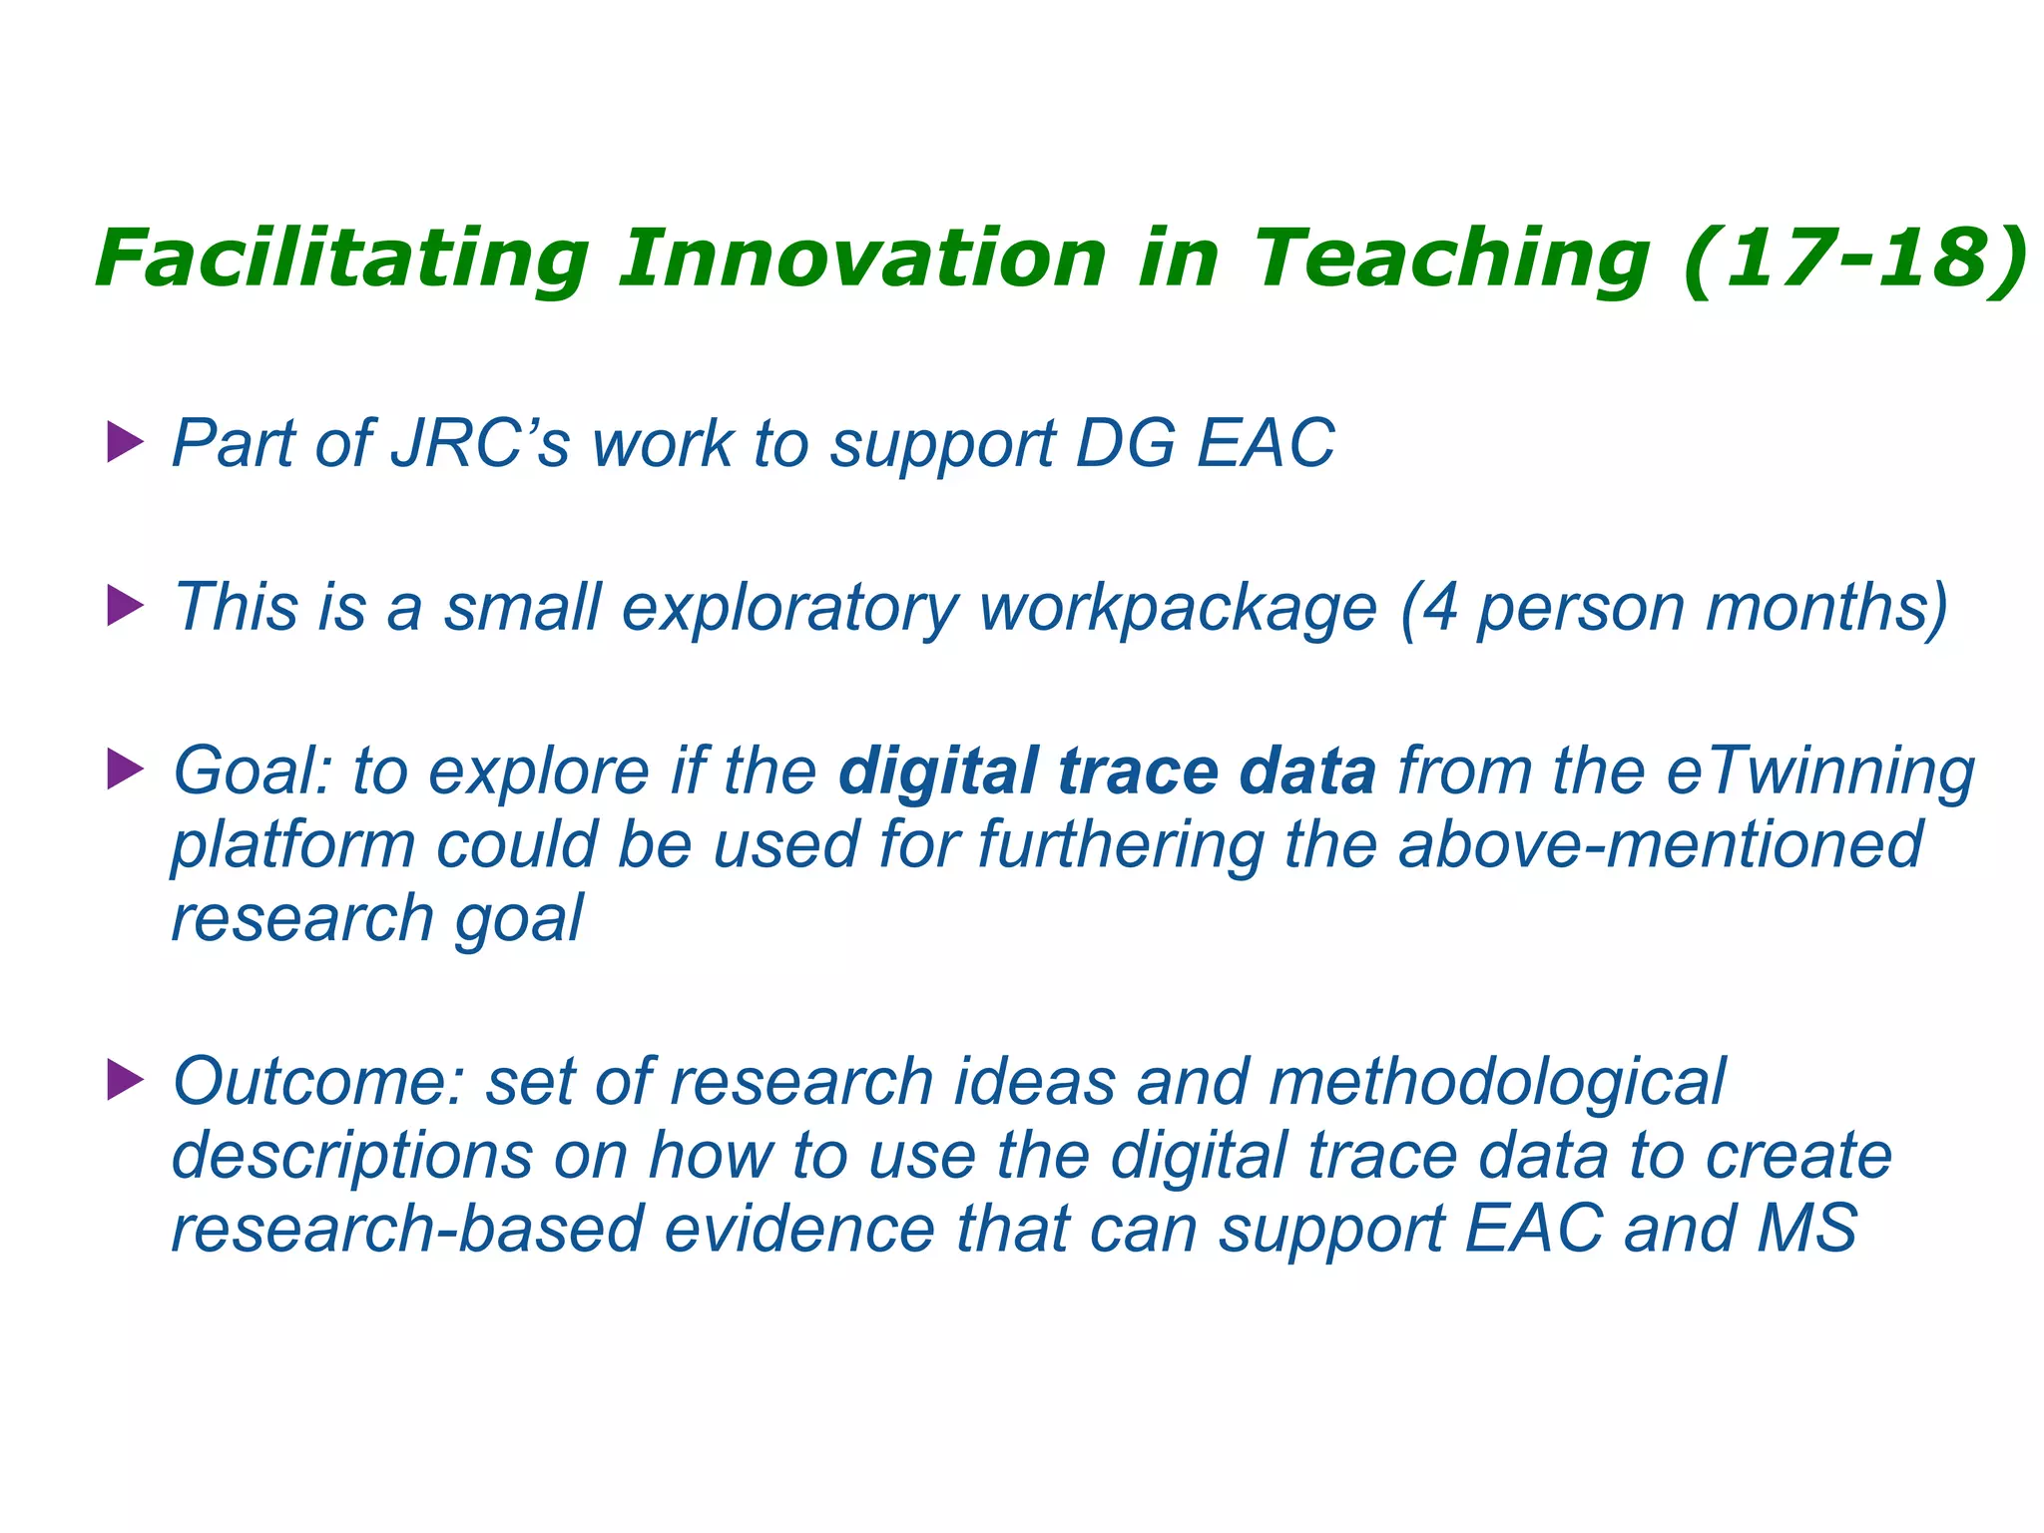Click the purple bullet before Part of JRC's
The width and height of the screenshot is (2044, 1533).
tap(125, 442)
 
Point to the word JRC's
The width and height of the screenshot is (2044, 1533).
tap(480, 442)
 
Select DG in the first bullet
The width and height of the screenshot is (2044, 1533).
tap(1125, 442)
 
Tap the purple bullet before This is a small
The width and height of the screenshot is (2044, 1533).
tap(125, 606)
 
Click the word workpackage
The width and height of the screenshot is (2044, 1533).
tap(1178, 608)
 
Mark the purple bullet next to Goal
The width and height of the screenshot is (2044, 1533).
tap(125, 769)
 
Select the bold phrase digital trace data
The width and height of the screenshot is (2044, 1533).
tap(1107, 771)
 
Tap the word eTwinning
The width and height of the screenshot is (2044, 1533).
tap(1821, 771)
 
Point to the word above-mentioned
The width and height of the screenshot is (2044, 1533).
tap(1660, 844)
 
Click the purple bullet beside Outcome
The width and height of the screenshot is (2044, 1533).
tap(125, 1080)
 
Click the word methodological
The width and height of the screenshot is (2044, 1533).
tap(1496, 1083)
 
